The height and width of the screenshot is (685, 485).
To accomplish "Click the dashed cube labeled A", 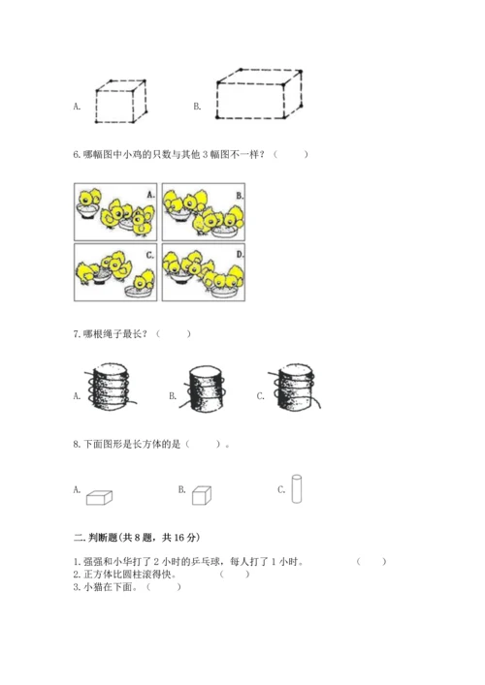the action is coord(120,101).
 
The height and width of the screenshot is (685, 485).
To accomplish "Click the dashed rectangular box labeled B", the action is coord(259,93).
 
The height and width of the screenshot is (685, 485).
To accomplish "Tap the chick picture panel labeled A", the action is coord(115,212).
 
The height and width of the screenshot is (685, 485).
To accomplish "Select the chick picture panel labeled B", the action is coord(204,212).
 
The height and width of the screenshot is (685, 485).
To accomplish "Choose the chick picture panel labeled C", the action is coord(115,272).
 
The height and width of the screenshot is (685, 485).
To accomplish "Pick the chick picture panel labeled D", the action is coord(204,272).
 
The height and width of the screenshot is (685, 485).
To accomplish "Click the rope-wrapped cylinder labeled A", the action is coord(111,387).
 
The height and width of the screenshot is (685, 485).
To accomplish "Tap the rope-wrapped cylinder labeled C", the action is coord(295,387).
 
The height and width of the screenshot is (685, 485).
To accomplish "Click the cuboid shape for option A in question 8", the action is coord(99,498).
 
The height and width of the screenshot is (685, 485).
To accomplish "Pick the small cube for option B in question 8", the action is coord(202,495).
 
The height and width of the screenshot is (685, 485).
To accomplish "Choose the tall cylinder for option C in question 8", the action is coord(297,489).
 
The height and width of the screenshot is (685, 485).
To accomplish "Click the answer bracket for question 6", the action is coord(291,154).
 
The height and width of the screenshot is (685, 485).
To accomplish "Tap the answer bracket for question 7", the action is coord(174,334).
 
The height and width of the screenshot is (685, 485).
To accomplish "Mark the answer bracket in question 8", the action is coord(203,445).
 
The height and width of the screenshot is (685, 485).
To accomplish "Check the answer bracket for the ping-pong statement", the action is coord(372,561).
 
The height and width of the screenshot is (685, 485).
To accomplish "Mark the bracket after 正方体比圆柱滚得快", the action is coord(235,574).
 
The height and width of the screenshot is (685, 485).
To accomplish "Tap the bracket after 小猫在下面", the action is coord(164,587).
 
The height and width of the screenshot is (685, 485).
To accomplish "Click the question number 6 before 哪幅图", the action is coord(76,155).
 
